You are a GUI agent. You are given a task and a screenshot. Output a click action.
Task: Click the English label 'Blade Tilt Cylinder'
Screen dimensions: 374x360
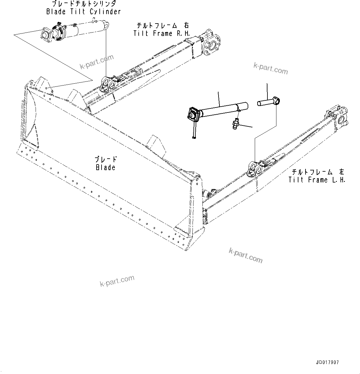click(x=83, y=12)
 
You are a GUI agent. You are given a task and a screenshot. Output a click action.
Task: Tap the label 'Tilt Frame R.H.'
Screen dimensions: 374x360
click(x=162, y=33)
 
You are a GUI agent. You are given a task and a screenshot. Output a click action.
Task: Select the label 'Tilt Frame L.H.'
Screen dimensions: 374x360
click(x=317, y=180)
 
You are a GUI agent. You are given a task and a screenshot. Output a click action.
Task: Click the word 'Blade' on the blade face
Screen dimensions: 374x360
click(x=106, y=167)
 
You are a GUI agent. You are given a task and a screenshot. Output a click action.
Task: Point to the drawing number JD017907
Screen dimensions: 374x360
click(x=327, y=362)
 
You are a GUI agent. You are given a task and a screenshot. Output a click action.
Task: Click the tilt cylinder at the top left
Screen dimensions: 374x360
click(x=74, y=31)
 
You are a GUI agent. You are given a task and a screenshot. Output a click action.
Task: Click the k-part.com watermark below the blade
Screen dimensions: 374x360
click(x=117, y=281)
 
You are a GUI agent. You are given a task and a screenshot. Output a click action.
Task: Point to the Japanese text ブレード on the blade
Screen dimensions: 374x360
click(x=106, y=160)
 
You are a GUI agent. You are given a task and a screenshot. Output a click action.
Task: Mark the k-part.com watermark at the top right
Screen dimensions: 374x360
click(x=271, y=68)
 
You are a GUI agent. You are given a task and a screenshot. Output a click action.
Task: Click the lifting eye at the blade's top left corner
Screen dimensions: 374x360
click(x=31, y=84)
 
